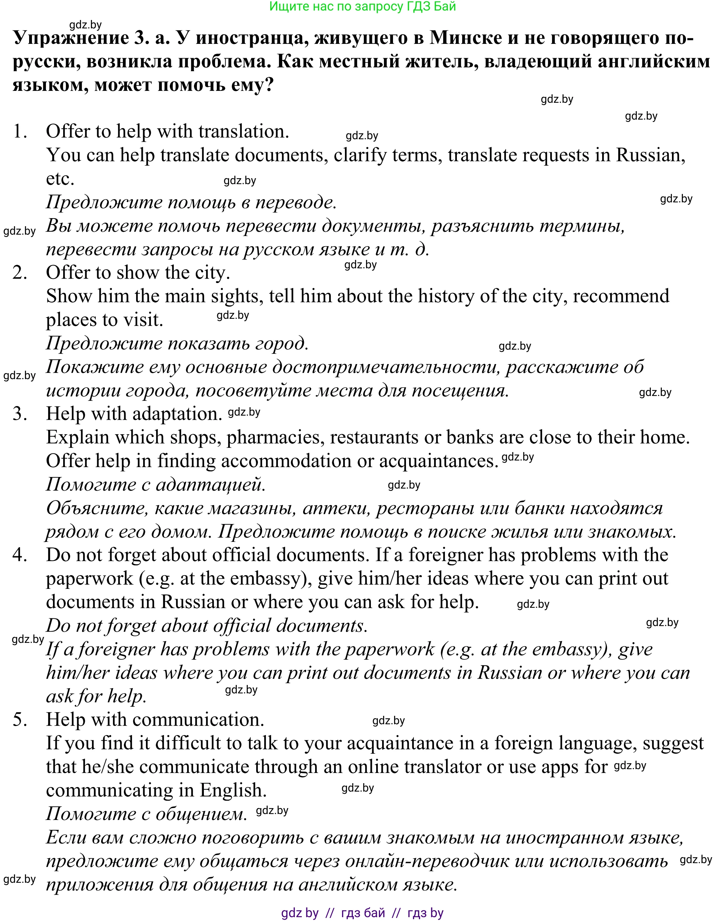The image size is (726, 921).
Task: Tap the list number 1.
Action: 20,132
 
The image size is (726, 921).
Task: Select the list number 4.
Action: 20,555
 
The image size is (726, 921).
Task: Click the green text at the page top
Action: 362,6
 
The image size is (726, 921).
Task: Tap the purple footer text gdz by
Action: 300,913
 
